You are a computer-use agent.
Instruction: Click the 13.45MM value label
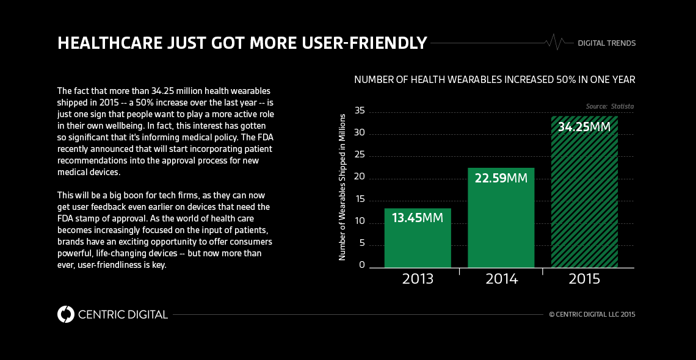418,218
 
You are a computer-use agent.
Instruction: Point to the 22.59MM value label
501,179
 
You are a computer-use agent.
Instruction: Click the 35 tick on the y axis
359,111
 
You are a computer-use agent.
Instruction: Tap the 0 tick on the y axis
362,265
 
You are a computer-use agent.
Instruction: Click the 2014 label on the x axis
501,279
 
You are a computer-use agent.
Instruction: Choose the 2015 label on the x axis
584,279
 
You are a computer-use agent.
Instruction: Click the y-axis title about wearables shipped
343,187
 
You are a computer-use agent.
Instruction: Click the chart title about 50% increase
495,79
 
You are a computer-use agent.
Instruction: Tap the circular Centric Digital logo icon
65,314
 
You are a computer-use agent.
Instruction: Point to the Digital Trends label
606,43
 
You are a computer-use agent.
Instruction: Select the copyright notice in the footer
592,315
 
